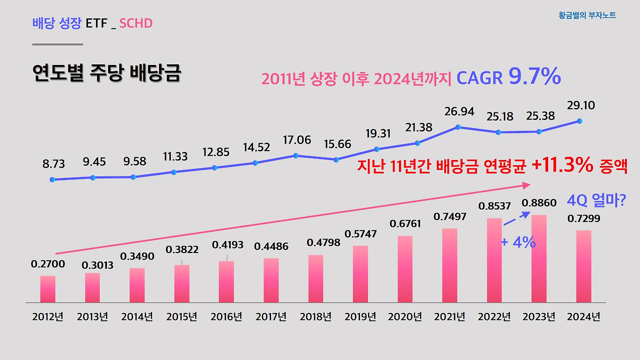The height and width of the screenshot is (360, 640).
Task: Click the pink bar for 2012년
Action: (48, 289)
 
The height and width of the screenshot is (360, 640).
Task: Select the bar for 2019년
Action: (360, 274)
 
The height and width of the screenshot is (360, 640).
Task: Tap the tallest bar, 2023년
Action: (539, 259)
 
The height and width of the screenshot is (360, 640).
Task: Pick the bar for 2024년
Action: (583, 266)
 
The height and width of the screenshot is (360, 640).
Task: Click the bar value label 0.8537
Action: (494, 206)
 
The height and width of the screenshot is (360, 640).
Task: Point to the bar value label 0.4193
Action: (227, 245)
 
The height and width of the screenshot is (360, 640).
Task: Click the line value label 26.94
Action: (459, 111)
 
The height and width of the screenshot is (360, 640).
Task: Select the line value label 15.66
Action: (337, 144)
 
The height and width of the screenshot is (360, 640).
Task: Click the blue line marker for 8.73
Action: (52, 179)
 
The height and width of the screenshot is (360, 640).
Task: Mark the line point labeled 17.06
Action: (296, 155)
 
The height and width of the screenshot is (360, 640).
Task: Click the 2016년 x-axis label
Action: (226, 317)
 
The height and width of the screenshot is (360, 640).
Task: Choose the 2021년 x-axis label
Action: (449, 317)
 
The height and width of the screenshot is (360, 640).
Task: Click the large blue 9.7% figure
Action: (534, 77)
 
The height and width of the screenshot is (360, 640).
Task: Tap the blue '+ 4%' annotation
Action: (518, 242)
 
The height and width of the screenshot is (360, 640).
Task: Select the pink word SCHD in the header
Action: (135, 23)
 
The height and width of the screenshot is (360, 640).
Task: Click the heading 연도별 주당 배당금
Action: (106, 73)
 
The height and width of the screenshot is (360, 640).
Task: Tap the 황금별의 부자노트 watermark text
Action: (587, 15)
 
